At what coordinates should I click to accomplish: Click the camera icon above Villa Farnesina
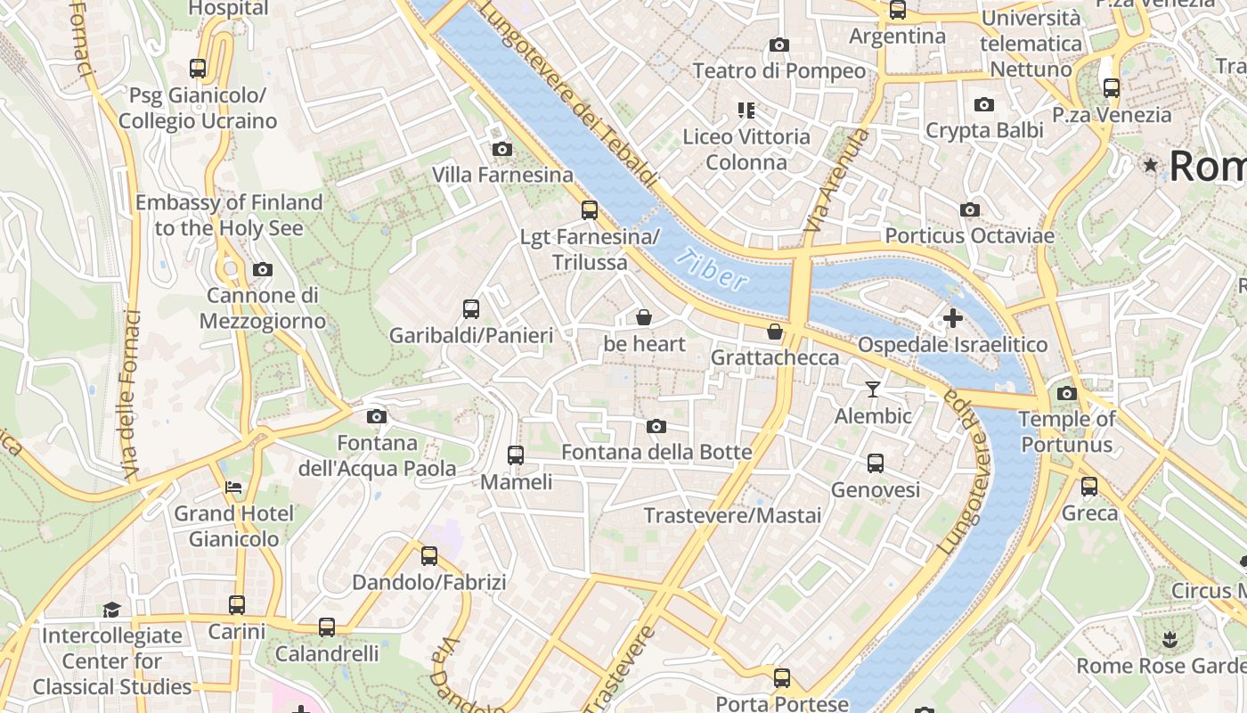pyautogui.click(x=502, y=149)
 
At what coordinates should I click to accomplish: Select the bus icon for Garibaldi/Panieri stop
pyautogui.click(x=471, y=309)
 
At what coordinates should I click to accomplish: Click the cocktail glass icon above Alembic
pyautogui.click(x=873, y=389)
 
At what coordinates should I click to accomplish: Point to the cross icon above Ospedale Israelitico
pyautogui.click(x=953, y=317)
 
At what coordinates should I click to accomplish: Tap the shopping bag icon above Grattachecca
pyautogui.click(x=775, y=332)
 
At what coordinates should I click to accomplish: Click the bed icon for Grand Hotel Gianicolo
pyautogui.click(x=233, y=488)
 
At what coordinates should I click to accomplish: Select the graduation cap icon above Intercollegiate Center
pyautogui.click(x=111, y=610)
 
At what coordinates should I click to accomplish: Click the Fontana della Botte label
pyautogui.click(x=656, y=452)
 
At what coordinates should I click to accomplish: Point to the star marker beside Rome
pyautogui.click(x=1151, y=165)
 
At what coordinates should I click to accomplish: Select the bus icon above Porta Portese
pyautogui.click(x=782, y=678)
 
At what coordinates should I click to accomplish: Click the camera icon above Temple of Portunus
pyautogui.click(x=1067, y=393)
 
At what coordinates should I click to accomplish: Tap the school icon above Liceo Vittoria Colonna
pyautogui.click(x=746, y=111)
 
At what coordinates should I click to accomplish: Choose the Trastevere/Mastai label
pyautogui.click(x=732, y=515)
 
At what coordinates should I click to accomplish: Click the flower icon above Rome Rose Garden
pyautogui.click(x=1170, y=639)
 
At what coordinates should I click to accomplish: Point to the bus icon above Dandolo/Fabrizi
pyautogui.click(x=429, y=556)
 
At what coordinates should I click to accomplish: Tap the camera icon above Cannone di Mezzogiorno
pyautogui.click(x=262, y=269)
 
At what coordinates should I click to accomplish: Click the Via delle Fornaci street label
pyautogui.click(x=130, y=392)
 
